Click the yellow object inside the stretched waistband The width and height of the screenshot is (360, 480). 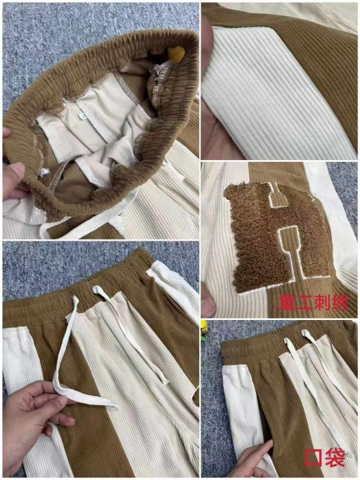pos(176,53)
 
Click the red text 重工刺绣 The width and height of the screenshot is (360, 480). pos(314,303)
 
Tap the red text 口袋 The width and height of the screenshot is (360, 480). pos(325,458)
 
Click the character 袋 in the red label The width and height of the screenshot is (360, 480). pos(335,458)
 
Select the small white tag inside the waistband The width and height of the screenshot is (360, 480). pos(81,116)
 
